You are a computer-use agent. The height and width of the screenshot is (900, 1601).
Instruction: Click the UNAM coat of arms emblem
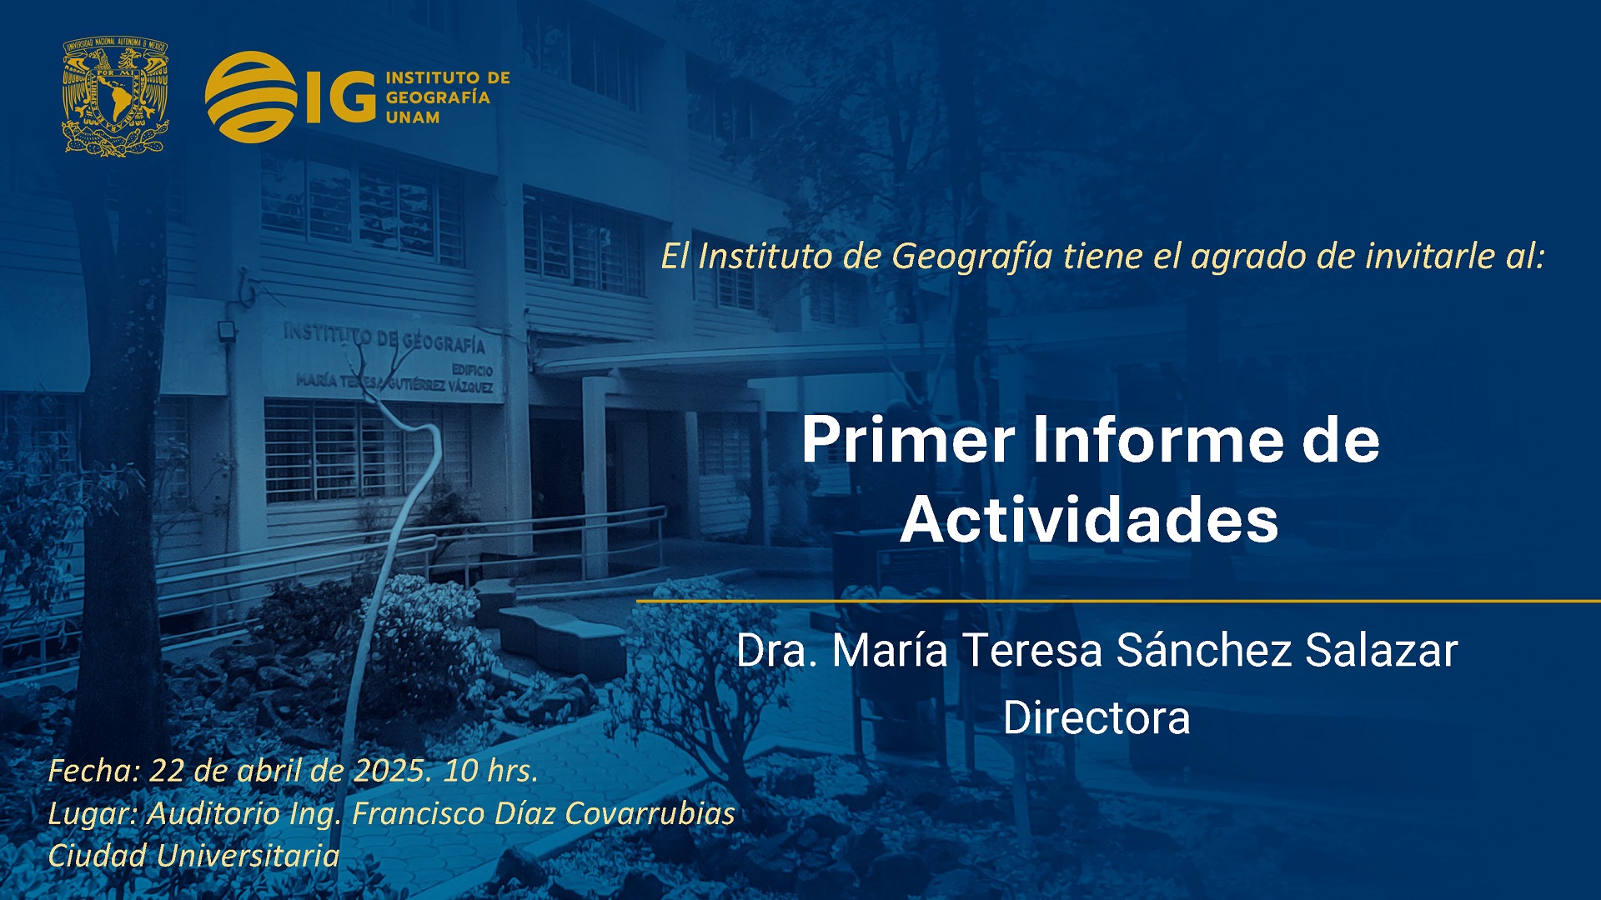tap(116, 97)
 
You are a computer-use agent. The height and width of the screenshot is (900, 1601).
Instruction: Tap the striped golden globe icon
tap(251, 97)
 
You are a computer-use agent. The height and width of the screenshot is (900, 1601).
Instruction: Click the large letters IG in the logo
tap(341, 97)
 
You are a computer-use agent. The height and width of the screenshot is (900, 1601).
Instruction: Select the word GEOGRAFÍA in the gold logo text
tap(438, 97)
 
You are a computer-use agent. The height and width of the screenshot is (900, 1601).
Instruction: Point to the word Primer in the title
tap(908, 441)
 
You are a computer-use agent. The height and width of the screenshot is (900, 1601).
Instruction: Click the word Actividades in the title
tap(1089, 520)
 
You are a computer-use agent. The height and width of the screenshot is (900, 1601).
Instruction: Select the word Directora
tap(1097, 718)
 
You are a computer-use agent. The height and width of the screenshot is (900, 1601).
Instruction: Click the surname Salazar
tap(1382, 651)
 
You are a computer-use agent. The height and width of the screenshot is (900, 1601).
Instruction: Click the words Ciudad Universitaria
tap(193, 856)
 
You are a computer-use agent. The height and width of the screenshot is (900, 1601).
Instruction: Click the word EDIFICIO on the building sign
tap(472, 370)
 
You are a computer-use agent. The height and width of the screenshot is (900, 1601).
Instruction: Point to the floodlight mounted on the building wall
tap(226, 331)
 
